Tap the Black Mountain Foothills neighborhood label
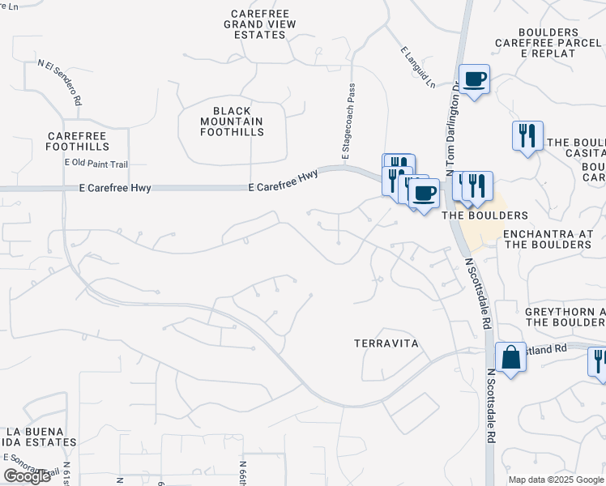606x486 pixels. point(232,121)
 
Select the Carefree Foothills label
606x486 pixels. point(78,142)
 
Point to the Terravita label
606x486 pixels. point(386,343)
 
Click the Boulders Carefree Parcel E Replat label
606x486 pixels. point(547,42)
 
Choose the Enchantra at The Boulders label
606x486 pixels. point(554,238)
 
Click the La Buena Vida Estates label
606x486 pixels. point(41,437)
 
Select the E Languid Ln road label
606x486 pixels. point(418,67)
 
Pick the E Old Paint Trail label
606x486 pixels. point(96,164)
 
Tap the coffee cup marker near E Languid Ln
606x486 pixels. point(475,79)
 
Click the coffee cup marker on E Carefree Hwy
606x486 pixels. point(424,193)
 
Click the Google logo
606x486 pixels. point(28,476)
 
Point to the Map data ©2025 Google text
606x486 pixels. point(556,480)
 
